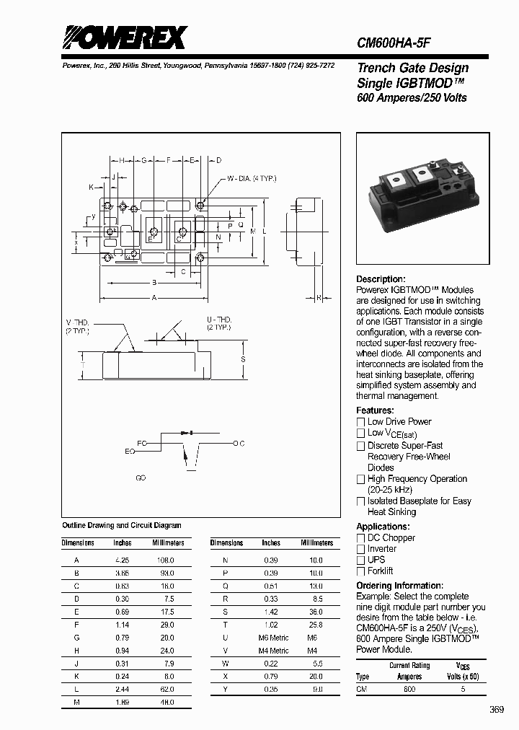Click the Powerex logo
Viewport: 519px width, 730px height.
tap(124, 38)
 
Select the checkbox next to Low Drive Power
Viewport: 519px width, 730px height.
tap(361, 422)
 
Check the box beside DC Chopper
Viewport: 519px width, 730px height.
tap(361, 538)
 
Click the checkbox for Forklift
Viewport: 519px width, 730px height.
tap(361, 571)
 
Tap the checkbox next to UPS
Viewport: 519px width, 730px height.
tap(361, 560)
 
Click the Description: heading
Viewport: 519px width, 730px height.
tap(381, 279)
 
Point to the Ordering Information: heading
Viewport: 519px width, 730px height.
tap(399, 586)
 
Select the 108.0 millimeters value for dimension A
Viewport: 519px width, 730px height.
tap(167, 560)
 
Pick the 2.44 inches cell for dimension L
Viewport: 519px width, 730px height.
tap(122, 690)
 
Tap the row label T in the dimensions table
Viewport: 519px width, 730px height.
tap(226, 625)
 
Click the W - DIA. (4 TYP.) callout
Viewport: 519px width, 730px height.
tap(252, 178)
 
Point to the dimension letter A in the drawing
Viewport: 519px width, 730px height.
tap(154, 297)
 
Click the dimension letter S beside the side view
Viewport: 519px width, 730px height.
tap(243, 359)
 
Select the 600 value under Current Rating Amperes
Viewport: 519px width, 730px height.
tap(409, 689)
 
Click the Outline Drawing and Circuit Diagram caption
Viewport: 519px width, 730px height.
tap(122, 526)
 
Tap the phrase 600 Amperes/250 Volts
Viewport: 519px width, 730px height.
tap(412, 98)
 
